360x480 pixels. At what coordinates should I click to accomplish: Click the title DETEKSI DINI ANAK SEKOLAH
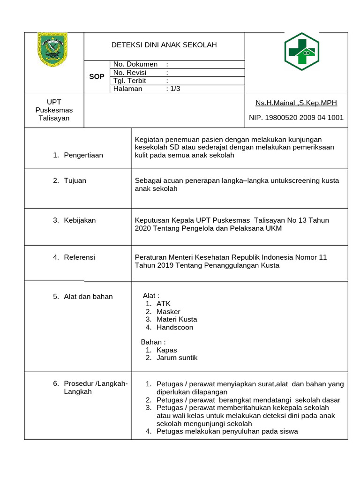pos(164,45)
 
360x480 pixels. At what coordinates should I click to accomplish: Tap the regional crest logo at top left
pos(52,49)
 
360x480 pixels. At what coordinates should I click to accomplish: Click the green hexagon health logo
pos(301,52)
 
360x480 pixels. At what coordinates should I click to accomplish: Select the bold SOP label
pos(97,76)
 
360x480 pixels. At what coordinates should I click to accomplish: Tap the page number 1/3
pos(173,89)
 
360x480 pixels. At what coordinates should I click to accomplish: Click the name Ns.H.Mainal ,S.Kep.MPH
pos(296,103)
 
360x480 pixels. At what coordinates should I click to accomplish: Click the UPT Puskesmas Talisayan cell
pos(54,110)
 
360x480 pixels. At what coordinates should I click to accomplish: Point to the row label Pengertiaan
pos(83,155)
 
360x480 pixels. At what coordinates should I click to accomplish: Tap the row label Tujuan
pos(75,180)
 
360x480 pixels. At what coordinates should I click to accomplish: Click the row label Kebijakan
pos(80,220)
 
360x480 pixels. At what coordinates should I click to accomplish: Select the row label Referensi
pos(79,257)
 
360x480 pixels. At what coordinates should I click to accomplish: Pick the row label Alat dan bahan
pos(88,296)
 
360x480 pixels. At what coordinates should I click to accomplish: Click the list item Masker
pos(168,312)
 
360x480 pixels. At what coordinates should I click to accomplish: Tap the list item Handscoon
pos(175,328)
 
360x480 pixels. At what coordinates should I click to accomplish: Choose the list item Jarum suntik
pos(177,358)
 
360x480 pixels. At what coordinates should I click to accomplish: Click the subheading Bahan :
pos(153,342)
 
